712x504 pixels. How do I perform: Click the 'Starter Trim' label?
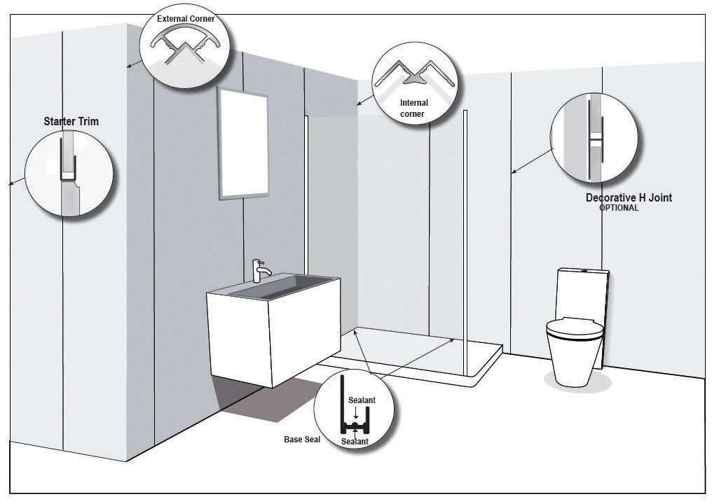click(71, 122)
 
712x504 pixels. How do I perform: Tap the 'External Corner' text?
click(186, 19)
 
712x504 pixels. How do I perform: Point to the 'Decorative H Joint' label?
click(629, 198)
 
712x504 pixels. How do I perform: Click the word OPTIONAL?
click(619, 208)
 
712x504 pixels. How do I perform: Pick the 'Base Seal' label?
click(303, 439)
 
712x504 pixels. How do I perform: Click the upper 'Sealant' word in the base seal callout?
click(362, 400)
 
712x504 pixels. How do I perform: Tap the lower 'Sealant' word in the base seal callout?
click(355, 442)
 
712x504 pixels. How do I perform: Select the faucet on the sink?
click(261, 272)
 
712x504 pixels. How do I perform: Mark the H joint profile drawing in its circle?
click(595, 139)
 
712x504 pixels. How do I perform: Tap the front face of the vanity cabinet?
click(238, 338)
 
